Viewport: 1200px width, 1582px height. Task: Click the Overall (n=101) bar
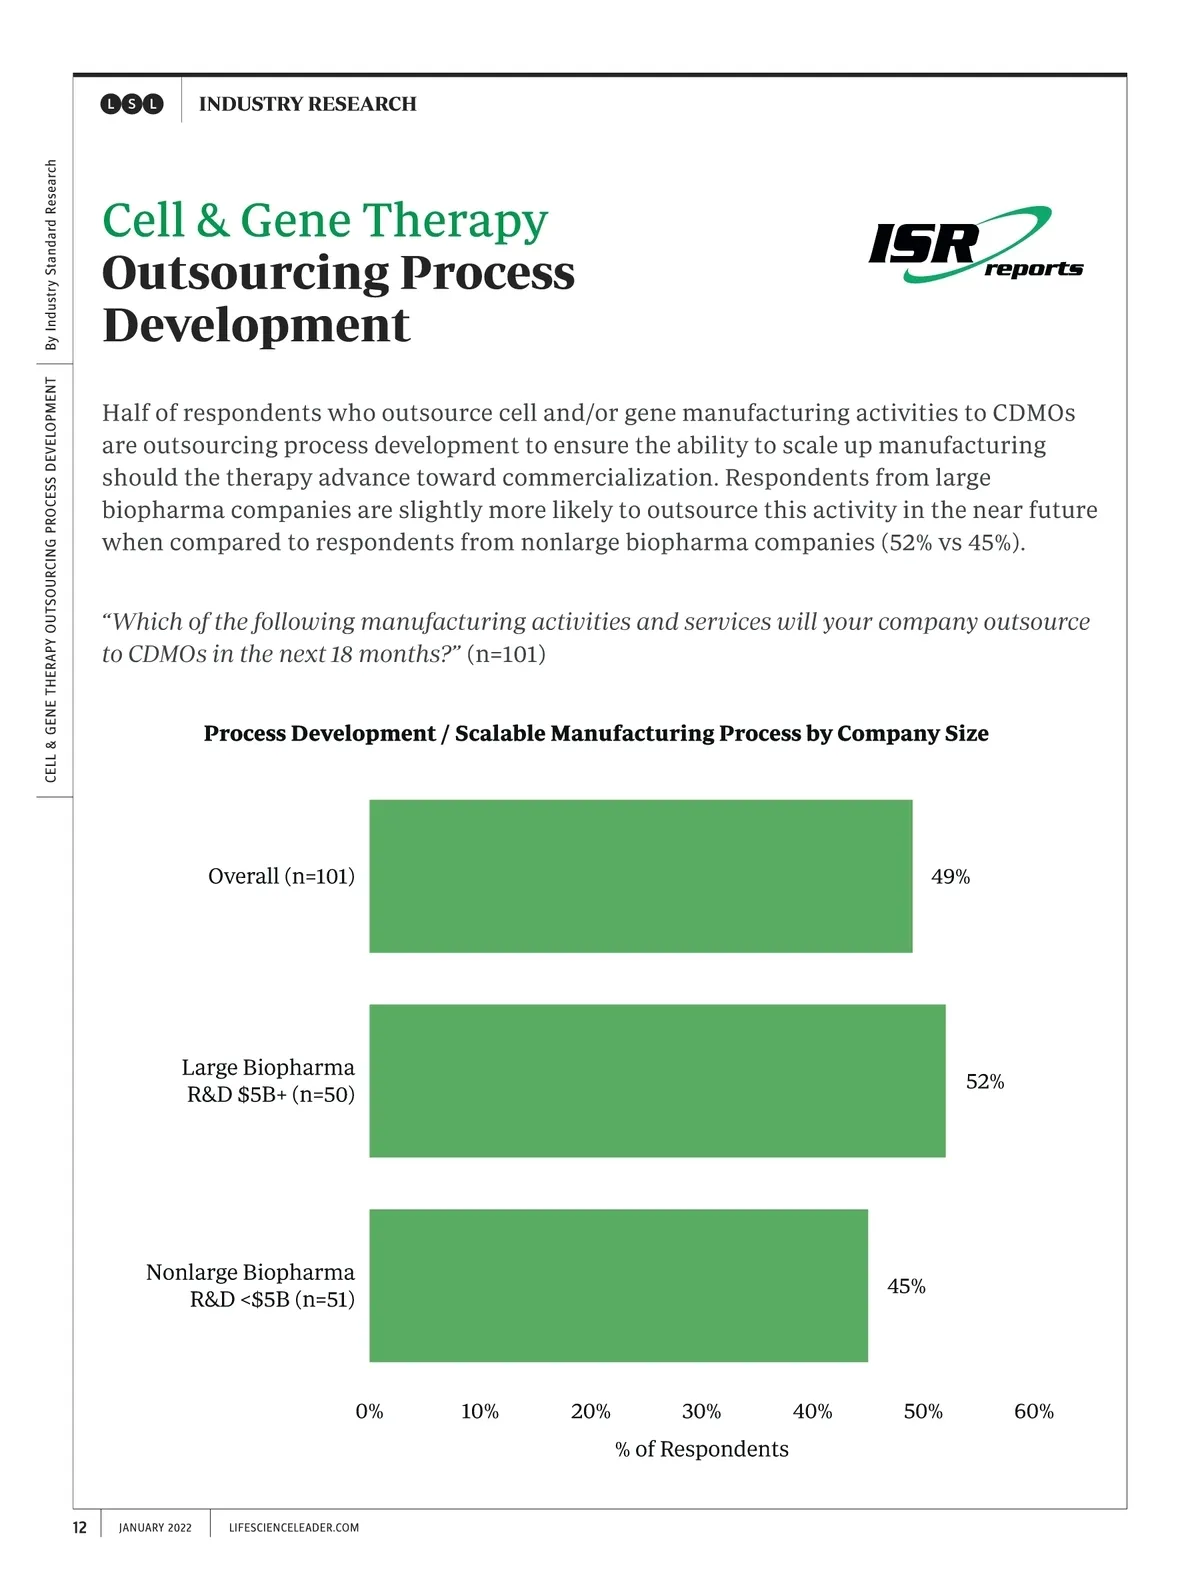(640, 876)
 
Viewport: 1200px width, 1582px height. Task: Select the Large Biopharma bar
(657, 1081)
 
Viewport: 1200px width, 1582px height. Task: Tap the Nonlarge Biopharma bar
(618, 1286)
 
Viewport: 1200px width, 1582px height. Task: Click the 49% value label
(950, 877)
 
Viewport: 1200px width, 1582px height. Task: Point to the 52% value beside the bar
(985, 1082)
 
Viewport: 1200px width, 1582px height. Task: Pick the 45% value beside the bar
(906, 1287)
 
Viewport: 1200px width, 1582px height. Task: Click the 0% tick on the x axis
(369, 1412)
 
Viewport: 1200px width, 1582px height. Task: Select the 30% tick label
(701, 1412)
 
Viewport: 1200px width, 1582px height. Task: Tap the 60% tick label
(1033, 1412)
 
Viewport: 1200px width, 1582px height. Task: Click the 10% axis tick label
(480, 1412)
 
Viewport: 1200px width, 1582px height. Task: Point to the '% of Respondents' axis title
(701, 1450)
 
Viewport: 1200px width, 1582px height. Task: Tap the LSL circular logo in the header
(132, 104)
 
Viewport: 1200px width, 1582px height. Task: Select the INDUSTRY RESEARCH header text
(307, 104)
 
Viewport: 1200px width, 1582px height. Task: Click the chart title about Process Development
(596, 734)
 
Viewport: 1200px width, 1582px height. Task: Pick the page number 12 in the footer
(80, 1527)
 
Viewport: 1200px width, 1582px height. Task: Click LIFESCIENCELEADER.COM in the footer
(294, 1528)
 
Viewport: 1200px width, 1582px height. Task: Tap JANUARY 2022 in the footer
(155, 1528)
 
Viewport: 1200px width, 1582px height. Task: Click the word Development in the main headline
(256, 326)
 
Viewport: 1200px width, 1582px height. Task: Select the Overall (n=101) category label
(281, 877)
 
